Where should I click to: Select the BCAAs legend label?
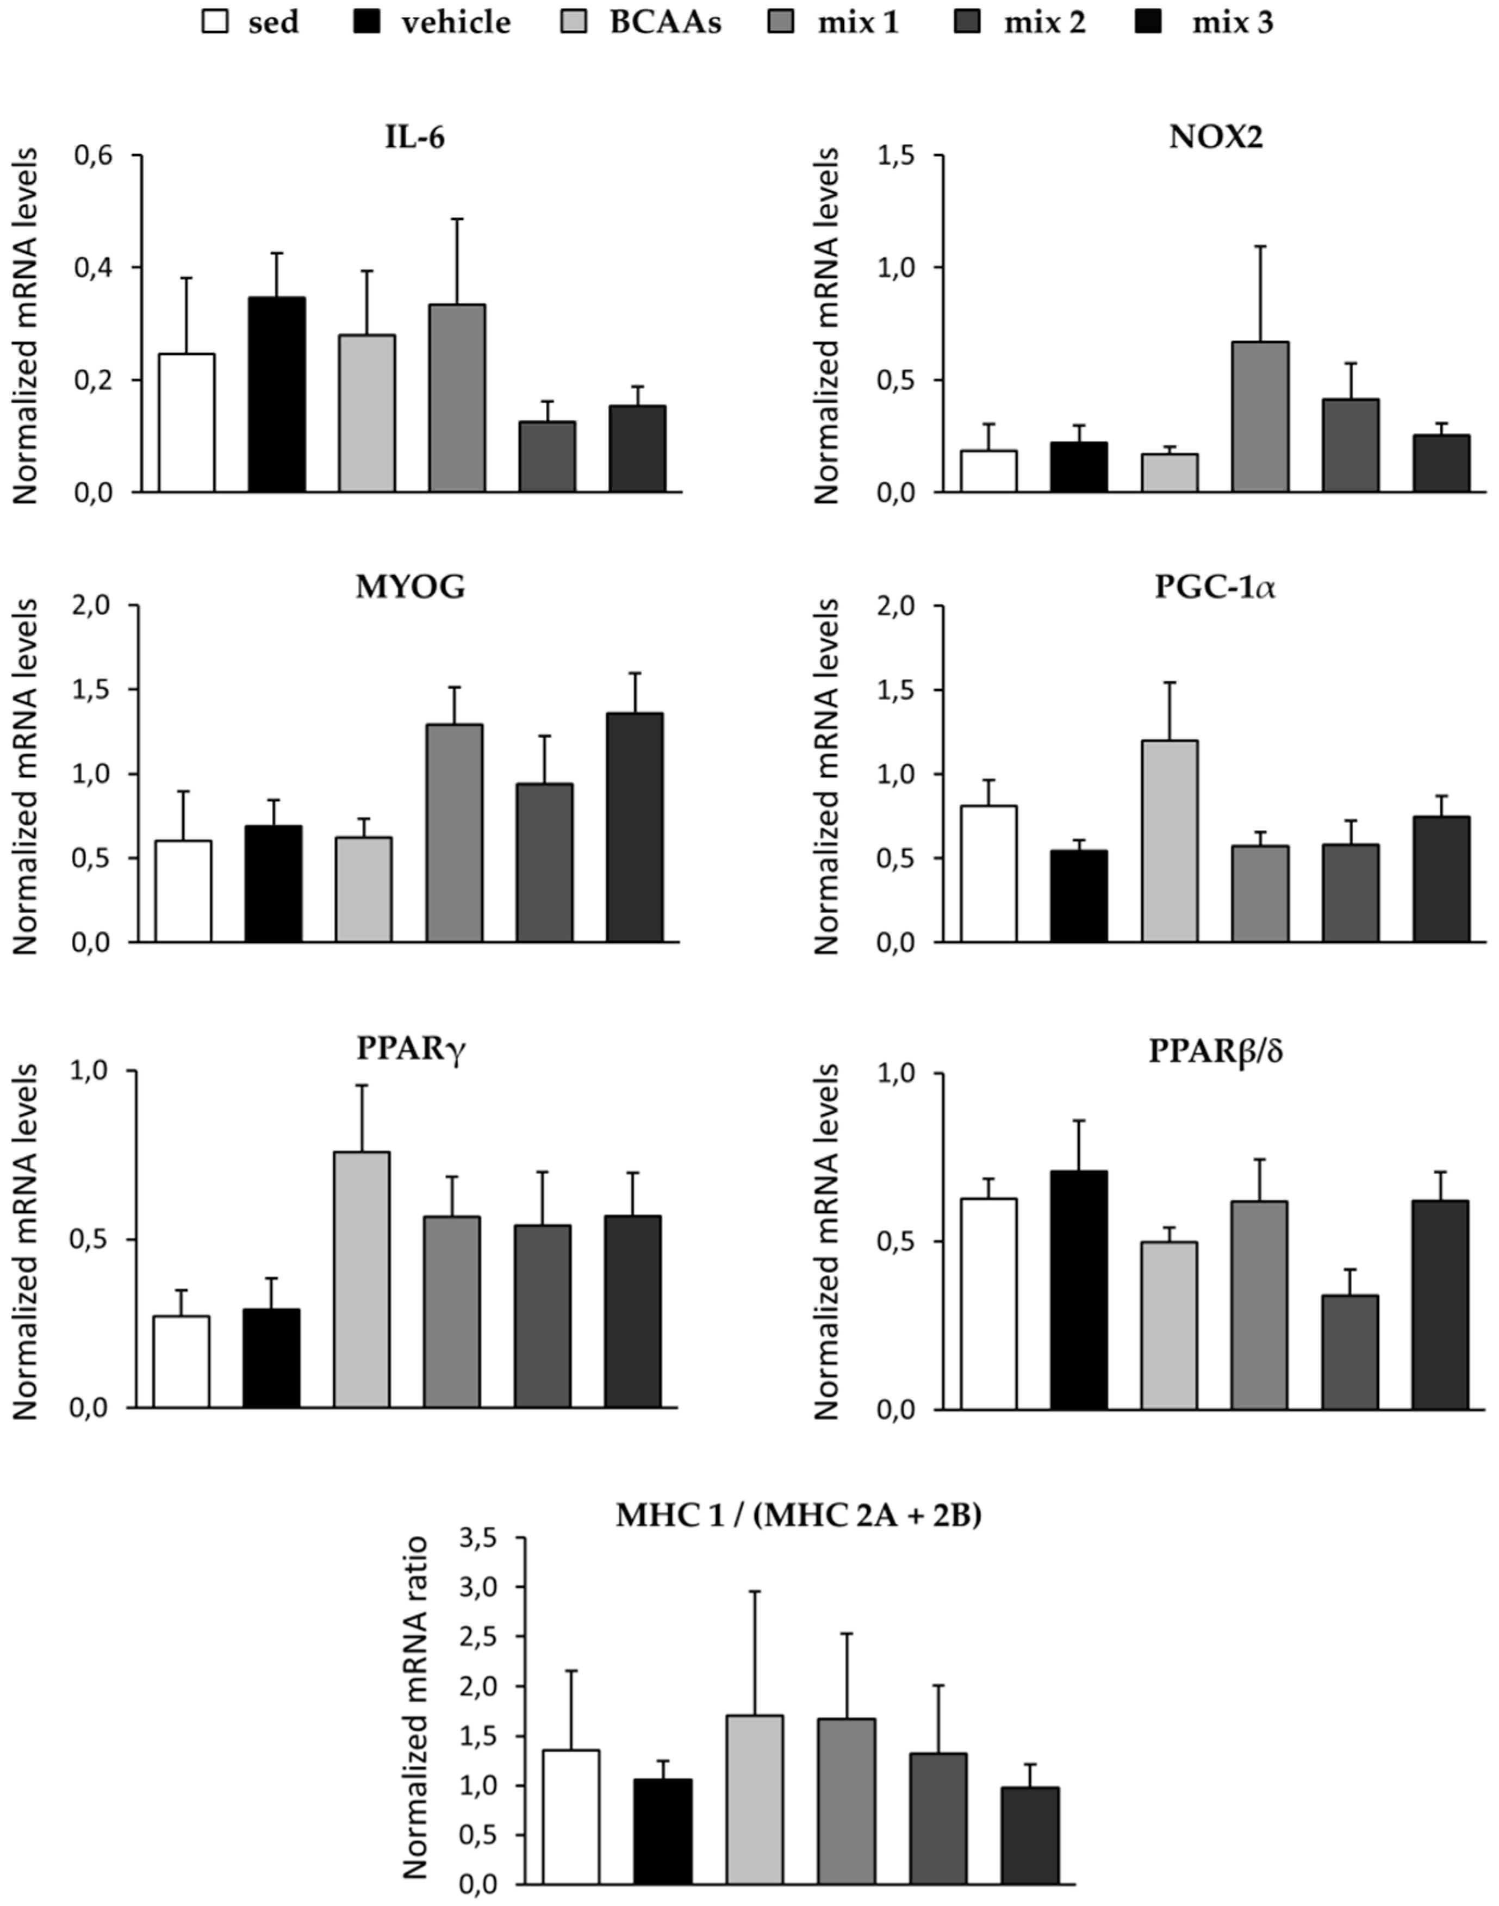point(665,22)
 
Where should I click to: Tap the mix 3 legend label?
point(1231,22)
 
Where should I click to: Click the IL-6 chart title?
point(414,139)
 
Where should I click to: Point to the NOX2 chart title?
point(1216,139)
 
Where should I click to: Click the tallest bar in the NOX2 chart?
point(1260,417)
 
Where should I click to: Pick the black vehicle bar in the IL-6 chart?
point(277,395)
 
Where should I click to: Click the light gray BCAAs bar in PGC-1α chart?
point(1169,840)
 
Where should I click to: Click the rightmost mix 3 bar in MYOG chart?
point(635,827)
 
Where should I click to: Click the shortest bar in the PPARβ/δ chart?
point(1350,1351)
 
